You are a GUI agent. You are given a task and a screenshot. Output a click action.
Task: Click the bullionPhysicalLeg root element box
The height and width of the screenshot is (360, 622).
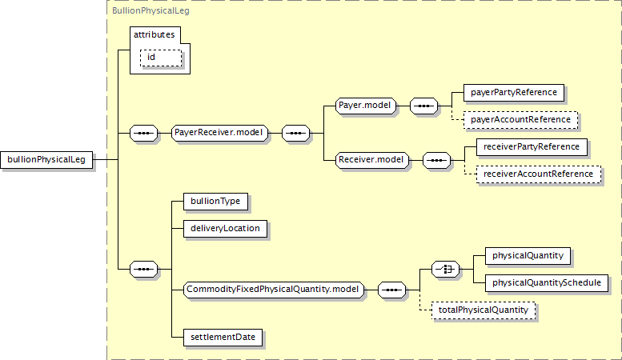click(46, 160)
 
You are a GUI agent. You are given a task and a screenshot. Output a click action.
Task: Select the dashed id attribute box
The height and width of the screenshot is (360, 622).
click(161, 58)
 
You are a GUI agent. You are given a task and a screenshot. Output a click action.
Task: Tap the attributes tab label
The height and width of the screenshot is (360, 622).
click(154, 35)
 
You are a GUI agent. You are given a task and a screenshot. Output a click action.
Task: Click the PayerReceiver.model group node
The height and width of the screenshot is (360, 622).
click(219, 133)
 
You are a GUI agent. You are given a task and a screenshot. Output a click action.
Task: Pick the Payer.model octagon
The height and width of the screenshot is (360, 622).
click(365, 106)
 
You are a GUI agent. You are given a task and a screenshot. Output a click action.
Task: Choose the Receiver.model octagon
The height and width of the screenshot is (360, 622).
click(371, 160)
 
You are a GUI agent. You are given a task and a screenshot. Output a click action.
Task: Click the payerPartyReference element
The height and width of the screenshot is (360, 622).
click(514, 92)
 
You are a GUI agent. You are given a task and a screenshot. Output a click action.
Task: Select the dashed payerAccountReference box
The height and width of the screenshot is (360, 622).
click(520, 120)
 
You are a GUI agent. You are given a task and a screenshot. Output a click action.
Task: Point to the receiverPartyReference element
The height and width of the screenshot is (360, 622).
click(532, 147)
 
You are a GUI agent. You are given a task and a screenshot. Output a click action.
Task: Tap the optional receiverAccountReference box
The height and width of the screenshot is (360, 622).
click(538, 174)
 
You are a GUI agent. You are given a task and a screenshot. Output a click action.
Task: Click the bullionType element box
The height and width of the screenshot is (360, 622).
click(215, 202)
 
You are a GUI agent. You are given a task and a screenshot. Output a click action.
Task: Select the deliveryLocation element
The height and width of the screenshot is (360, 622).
click(225, 229)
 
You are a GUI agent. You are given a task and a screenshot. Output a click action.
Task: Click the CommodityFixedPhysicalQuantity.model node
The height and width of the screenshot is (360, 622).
click(273, 290)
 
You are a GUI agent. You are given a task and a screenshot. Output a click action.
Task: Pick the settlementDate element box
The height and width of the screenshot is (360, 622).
click(223, 338)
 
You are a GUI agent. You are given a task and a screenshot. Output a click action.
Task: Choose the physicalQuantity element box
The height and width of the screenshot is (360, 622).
click(528, 256)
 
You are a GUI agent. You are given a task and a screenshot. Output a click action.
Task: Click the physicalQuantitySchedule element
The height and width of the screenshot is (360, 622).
click(547, 283)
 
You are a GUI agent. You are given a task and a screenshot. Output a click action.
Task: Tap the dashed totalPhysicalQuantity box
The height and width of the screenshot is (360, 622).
click(484, 310)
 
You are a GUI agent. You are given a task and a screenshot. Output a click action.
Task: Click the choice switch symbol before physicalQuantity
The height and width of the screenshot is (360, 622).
click(445, 270)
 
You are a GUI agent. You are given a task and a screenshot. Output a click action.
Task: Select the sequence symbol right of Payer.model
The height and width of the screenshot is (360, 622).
click(423, 106)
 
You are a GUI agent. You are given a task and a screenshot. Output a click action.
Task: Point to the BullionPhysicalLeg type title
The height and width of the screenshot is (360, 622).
click(150, 10)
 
